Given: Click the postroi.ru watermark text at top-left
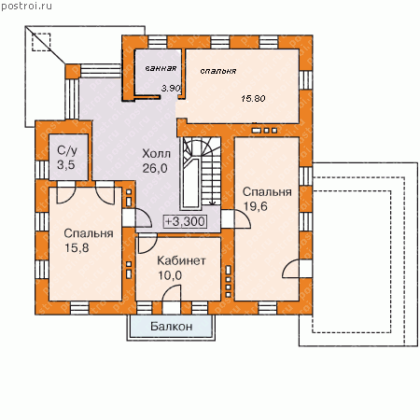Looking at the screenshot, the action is [26, 7].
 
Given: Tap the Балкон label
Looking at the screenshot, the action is [172, 327].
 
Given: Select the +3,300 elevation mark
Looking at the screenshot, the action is [185, 221].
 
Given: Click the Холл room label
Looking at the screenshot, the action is [157, 154].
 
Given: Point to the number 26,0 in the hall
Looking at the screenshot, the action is [155, 168].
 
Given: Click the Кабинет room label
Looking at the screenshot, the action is [181, 260].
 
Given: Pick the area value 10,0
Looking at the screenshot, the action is [170, 275].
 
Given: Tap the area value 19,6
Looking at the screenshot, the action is [256, 206].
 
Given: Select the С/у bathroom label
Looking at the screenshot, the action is [67, 150].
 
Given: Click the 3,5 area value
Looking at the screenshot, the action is [66, 165].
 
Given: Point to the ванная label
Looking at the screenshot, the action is [161, 68].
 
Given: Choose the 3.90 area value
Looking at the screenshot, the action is [171, 89].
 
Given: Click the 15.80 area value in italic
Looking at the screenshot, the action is [253, 99].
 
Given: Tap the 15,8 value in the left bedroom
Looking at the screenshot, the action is [77, 248].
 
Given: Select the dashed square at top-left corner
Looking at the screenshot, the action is [41, 42].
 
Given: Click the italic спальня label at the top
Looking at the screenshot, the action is [218, 71].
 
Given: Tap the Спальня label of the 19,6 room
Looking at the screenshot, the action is [267, 192].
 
